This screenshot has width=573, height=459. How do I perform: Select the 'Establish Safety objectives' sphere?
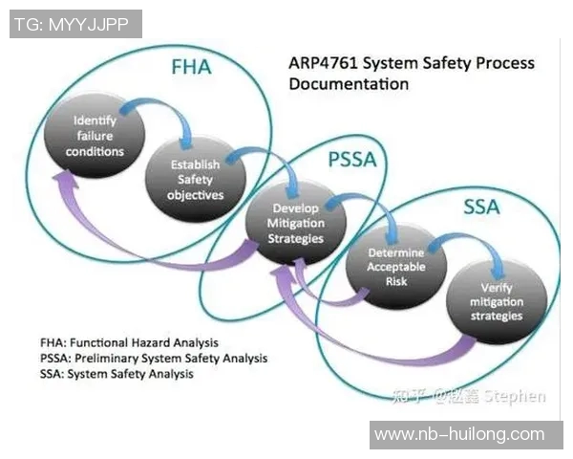coord(196,179)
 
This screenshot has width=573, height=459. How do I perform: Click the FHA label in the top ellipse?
coord(191,68)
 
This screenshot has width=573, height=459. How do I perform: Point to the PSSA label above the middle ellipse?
coord(352,160)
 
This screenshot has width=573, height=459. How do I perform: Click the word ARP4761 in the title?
coord(324,64)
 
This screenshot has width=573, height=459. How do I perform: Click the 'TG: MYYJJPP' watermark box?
coord(75,24)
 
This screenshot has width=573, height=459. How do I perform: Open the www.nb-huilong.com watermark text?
coord(458,434)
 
